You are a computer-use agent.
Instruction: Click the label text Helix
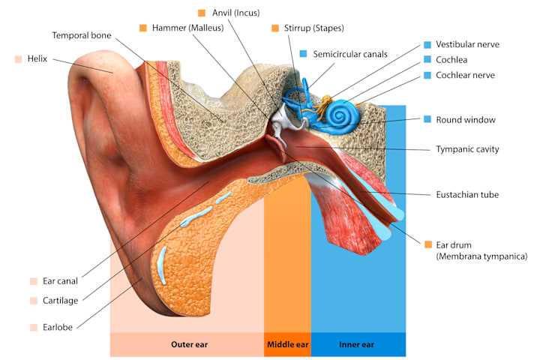tap(37, 58)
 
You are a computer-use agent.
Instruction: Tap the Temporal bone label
tap(81, 35)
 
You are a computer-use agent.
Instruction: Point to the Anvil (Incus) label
tap(235, 13)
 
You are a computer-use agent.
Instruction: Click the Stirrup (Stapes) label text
tap(313, 28)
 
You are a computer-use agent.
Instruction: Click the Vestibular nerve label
tap(467, 44)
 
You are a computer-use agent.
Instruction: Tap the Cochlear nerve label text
tap(465, 75)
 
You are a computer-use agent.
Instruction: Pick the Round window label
tap(465, 119)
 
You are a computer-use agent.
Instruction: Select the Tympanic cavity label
tap(467, 149)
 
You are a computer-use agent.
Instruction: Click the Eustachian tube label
tap(467, 195)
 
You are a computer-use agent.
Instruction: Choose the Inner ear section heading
tap(356, 345)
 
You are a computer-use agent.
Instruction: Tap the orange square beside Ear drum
tap(428, 244)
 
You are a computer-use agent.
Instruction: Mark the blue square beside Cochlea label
tap(427, 59)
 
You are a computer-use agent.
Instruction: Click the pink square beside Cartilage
tap(34, 300)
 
